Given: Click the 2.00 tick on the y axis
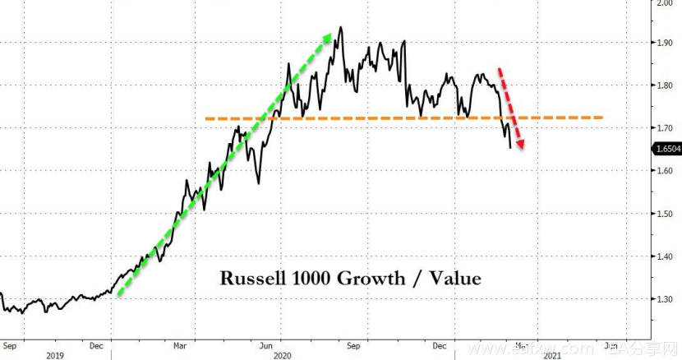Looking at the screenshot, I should (x=664, y=3).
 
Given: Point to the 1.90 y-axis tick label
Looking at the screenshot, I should (x=664, y=43).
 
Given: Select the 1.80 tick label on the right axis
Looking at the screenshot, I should (x=664, y=85).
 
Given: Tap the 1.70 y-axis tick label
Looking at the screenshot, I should (x=664, y=128).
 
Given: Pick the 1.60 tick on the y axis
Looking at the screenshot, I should (x=664, y=171).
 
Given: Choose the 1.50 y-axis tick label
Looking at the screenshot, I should (x=664, y=214).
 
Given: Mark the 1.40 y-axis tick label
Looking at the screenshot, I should (x=664, y=256).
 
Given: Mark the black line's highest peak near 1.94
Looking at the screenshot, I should (x=340, y=27).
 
